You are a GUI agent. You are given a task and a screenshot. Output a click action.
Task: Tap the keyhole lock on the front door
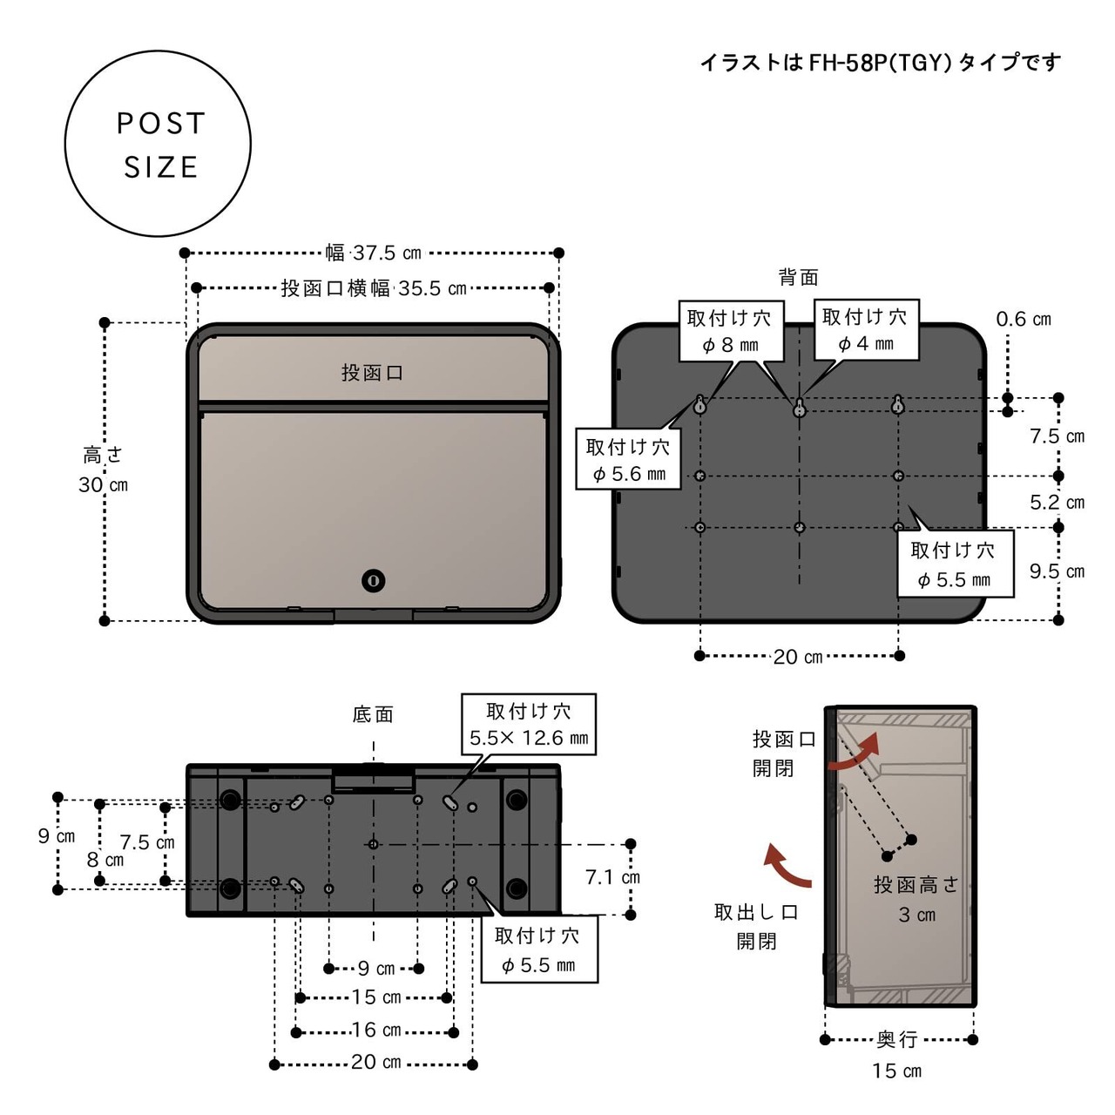tap(373, 580)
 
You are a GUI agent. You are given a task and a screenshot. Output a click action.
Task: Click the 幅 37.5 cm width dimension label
tap(373, 253)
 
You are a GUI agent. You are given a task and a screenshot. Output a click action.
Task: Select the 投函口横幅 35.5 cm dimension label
tap(373, 287)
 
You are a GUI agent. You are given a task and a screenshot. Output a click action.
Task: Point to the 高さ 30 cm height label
tap(103, 470)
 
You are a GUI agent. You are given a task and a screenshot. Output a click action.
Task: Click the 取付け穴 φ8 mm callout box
tap(731, 331)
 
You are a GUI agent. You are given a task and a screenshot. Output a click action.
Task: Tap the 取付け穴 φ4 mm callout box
tap(866, 330)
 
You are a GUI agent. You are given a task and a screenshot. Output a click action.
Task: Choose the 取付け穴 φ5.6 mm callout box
tap(628, 460)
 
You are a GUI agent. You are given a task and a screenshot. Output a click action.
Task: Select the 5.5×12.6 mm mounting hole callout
tap(528, 724)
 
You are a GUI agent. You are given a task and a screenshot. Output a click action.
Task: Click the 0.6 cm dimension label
tap(1023, 319)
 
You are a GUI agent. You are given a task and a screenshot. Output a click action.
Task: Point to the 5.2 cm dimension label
tap(1057, 503)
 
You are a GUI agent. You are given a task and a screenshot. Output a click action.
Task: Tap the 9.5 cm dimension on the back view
tap(1057, 571)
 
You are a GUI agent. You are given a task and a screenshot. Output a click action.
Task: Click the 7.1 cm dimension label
tap(612, 878)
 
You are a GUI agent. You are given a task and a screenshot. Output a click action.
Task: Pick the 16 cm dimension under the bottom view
tap(376, 1030)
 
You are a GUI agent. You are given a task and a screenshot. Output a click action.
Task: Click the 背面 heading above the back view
tap(799, 278)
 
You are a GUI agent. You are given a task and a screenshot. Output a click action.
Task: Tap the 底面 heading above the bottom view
tap(373, 714)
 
